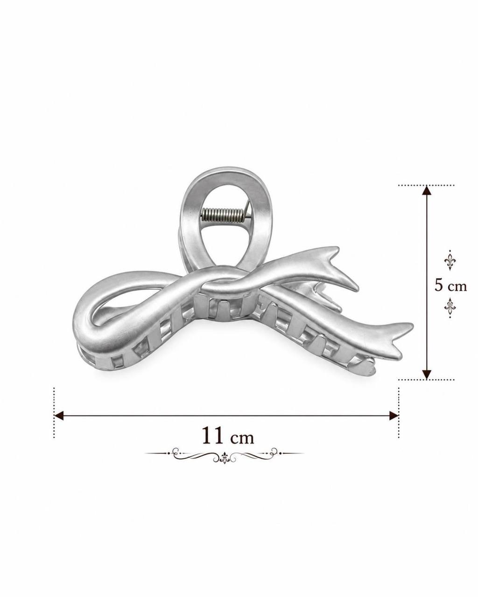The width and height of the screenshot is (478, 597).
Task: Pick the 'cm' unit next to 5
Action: coord(457,286)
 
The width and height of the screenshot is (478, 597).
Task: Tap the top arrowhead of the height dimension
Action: coord(427,190)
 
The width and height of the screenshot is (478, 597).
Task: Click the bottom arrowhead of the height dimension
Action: coord(427,374)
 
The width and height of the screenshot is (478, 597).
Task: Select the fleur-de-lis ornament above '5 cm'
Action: coord(450,260)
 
